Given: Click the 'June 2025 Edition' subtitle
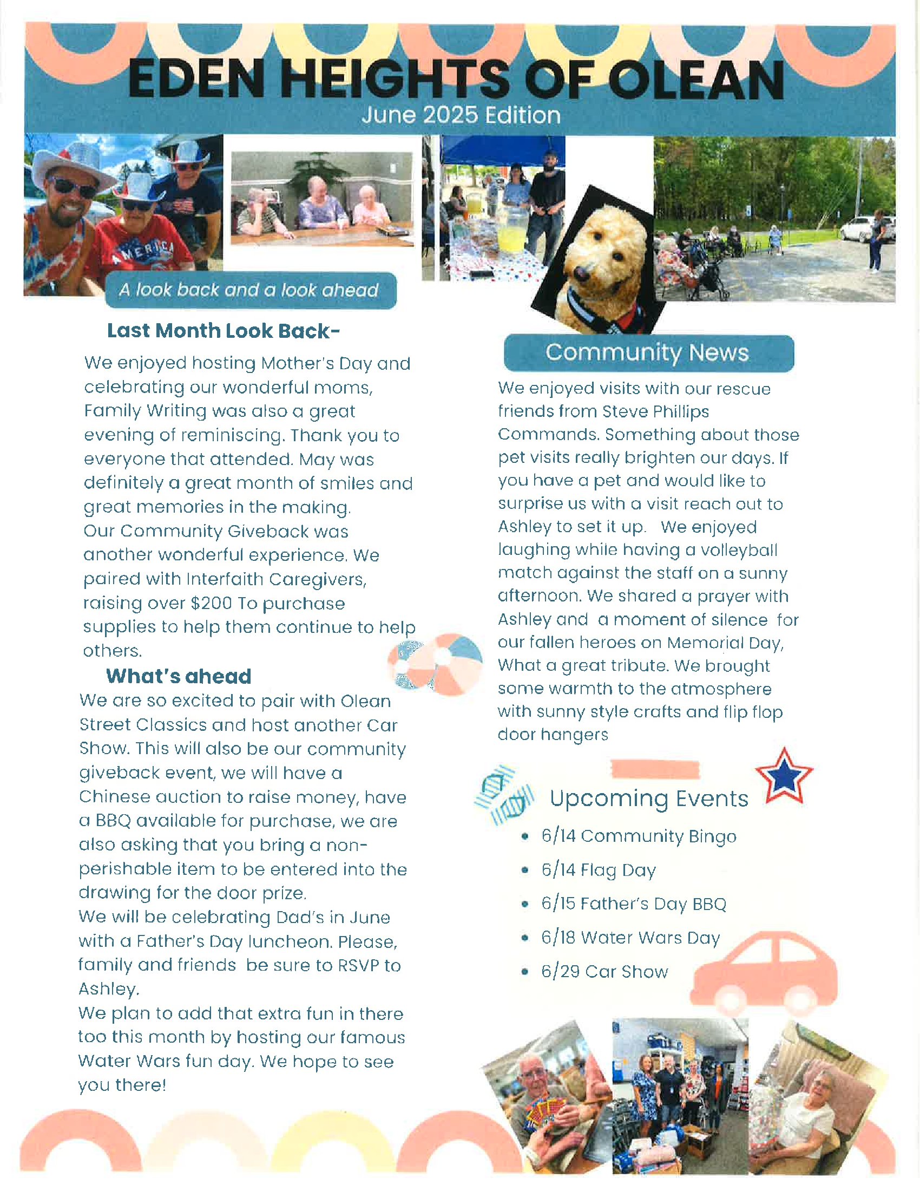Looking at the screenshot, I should click(461, 116).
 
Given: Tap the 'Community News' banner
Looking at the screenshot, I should click(648, 353).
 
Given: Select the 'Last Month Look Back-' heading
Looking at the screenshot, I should click(224, 331).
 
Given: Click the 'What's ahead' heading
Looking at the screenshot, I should click(179, 676).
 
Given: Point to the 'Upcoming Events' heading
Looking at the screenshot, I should click(648, 799).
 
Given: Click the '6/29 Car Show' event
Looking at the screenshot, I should click(604, 972).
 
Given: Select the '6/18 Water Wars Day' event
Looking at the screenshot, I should click(630, 938).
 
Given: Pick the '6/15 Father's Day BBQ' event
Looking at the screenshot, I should click(633, 904).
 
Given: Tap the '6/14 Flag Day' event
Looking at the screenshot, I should click(599, 870).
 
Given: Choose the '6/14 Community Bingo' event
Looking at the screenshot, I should click(638, 836).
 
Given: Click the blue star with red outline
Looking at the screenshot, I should click(784, 776).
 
